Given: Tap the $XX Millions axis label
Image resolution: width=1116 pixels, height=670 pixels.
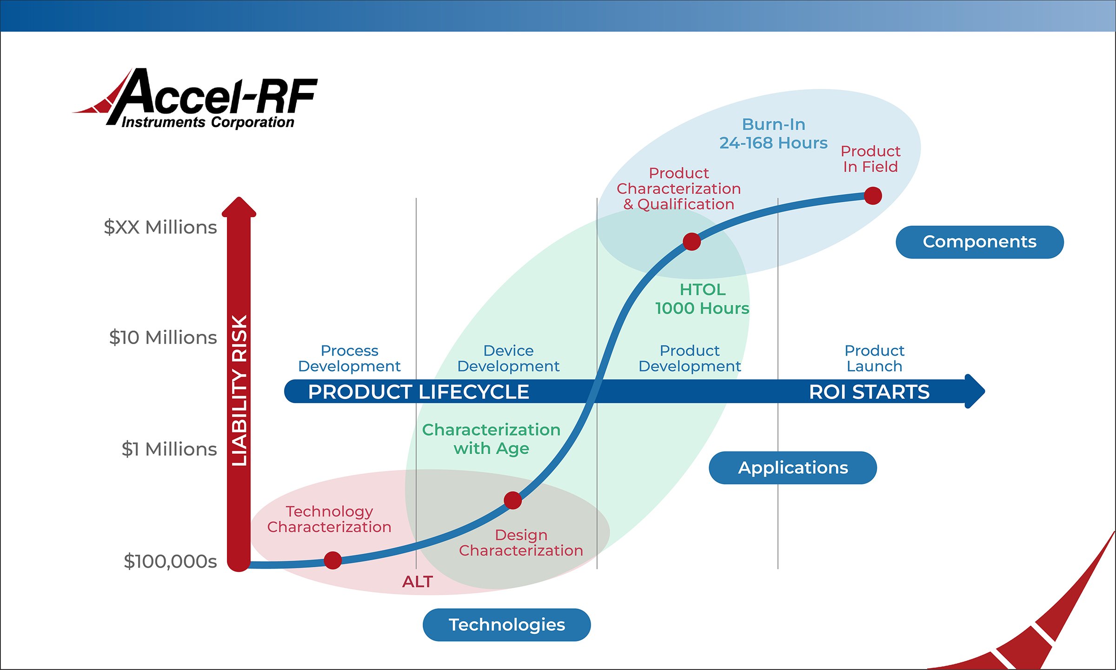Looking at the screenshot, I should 160,227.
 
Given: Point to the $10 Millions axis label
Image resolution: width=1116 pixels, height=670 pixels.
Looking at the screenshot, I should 163,338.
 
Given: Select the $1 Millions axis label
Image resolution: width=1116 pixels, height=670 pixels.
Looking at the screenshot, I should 169,449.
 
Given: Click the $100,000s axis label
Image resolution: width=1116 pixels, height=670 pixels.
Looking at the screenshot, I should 170,561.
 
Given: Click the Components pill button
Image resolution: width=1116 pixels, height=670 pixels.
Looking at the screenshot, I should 979,242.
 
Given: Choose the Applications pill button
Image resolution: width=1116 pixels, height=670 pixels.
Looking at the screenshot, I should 793,468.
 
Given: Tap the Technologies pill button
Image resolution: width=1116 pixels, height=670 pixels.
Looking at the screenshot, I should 506,625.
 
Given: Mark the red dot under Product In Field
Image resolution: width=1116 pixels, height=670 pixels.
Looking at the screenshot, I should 873,196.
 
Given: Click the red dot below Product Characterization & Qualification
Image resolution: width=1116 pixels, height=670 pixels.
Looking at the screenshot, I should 691,242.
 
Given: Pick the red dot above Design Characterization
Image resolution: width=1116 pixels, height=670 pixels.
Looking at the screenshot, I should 512,501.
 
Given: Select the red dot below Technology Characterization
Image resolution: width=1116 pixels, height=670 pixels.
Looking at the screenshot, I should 332,560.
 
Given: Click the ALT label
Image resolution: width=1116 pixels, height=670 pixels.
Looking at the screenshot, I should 418,582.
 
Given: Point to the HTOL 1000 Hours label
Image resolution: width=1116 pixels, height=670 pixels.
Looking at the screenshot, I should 702,299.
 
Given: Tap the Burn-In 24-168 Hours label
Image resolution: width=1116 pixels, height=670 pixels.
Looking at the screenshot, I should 773,133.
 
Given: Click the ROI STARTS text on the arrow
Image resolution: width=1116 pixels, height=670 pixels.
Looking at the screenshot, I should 869,392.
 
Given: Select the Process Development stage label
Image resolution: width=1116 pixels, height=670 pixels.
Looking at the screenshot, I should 349,358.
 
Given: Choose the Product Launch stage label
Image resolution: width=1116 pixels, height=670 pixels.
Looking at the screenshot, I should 874,358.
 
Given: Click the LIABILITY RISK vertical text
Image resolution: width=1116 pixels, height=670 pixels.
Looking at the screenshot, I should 239,391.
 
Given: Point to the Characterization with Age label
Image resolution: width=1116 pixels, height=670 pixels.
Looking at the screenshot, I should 491,439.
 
